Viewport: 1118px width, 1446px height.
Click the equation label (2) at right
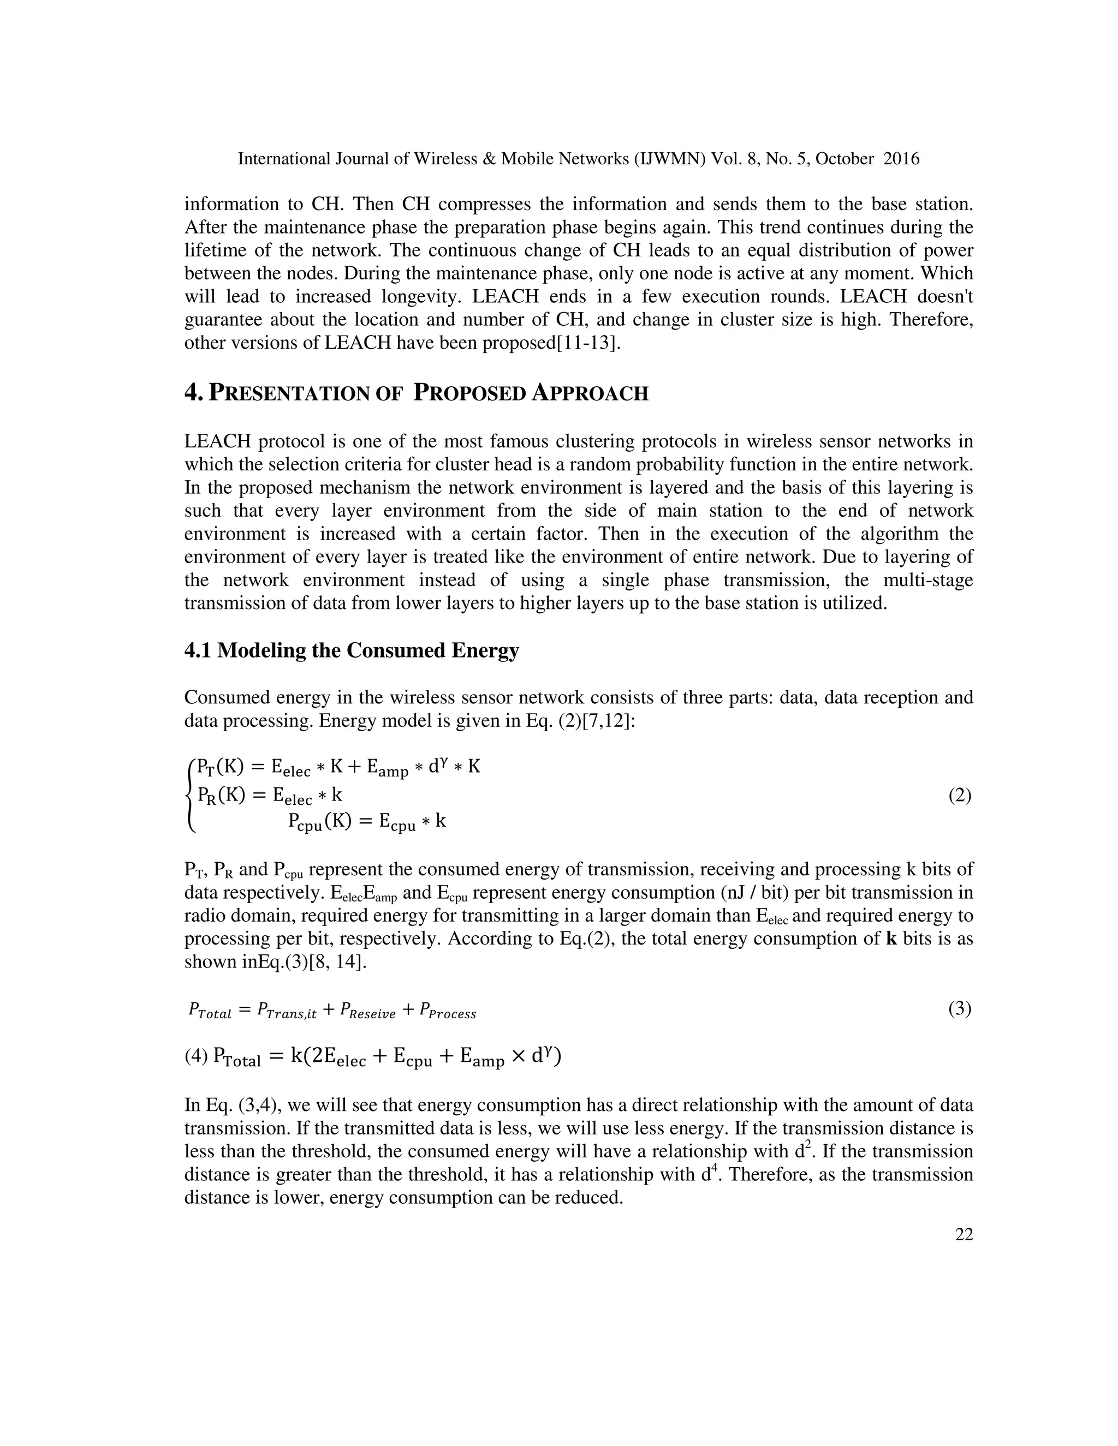point(960,795)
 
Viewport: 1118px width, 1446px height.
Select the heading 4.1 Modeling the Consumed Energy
point(351,650)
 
